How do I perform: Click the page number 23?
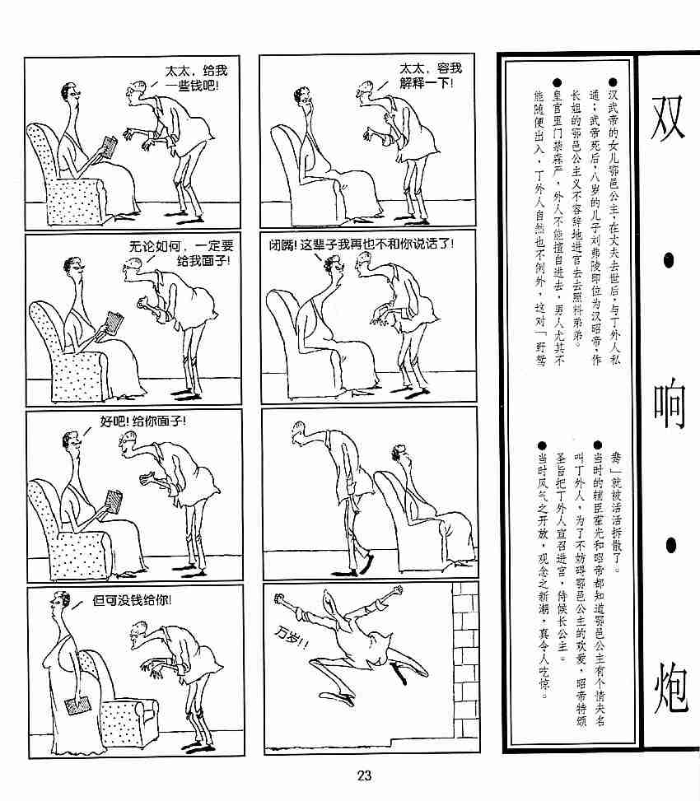click(364, 775)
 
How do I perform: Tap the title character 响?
click(670, 403)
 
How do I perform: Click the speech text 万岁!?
click(292, 637)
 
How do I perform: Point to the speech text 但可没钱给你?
click(132, 600)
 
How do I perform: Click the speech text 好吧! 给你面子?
click(143, 421)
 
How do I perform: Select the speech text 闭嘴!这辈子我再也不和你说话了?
click(362, 244)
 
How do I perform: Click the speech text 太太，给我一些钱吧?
click(195, 78)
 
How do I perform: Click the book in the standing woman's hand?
click(77, 706)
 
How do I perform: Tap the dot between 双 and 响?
click(669, 261)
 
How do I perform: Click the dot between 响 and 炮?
click(670, 546)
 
